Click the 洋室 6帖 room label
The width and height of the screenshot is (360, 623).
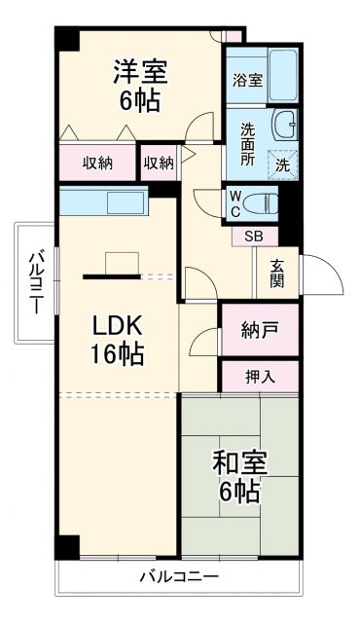pos(142,86)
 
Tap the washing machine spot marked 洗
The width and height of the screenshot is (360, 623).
pos(283,164)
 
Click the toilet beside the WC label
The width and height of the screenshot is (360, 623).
pos(261,202)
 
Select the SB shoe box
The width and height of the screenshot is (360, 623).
pos(253,235)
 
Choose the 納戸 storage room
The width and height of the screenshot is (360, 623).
pos(260,331)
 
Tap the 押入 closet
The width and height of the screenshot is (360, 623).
pos(260,376)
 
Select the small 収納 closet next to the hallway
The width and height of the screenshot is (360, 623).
pos(159,163)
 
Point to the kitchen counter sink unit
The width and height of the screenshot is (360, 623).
pos(102,202)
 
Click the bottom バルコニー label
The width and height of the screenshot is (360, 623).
pos(178,576)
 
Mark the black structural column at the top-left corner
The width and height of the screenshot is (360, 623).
pos(64,39)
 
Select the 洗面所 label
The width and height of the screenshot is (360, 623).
pos(248,145)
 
